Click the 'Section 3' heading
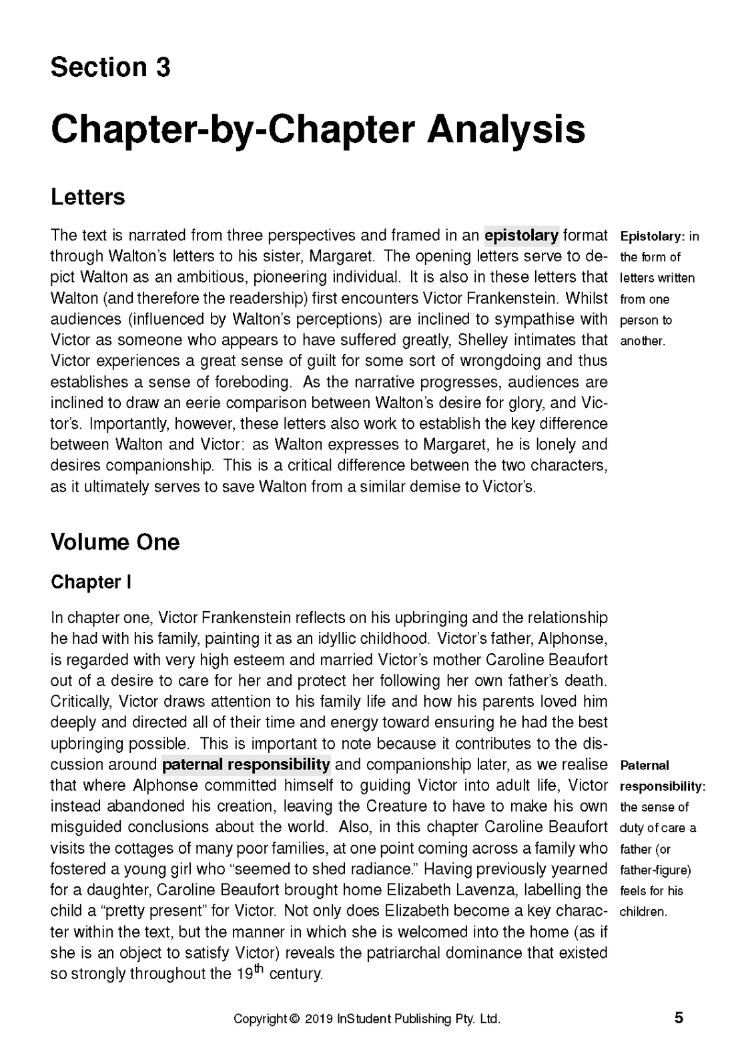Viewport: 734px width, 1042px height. (110, 67)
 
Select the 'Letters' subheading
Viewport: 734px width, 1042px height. (87, 197)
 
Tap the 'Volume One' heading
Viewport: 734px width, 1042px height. (115, 542)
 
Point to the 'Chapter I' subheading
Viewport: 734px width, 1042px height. (91, 582)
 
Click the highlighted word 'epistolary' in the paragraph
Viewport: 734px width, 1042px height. (521, 235)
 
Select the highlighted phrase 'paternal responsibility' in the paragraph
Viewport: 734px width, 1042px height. (246, 764)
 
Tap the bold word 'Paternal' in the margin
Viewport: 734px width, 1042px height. (644, 765)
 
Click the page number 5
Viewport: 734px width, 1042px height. (679, 1018)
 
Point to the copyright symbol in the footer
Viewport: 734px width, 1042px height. (294, 1019)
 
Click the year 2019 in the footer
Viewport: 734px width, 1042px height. (319, 1019)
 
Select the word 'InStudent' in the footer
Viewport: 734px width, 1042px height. (364, 1019)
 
